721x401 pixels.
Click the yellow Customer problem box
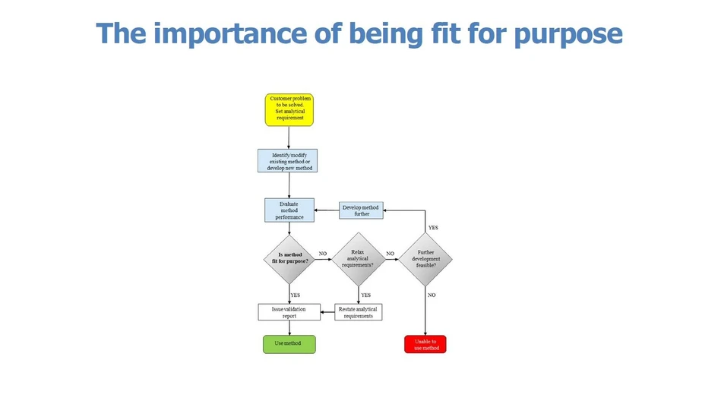pyautogui.click(x=289, y=109)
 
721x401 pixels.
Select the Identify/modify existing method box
pyautogui.click(x=288, y=160)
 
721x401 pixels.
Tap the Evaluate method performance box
pyautogui.click(x=289, y=210)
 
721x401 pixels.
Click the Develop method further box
pyautogui.click(x=361, y=210)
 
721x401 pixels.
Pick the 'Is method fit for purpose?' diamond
pyautogui.click(x=289, y=258)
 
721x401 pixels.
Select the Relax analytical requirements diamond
pyautogui.click(x=358, y=258)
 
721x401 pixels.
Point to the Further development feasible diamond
pyautogui.click(x=425, y=259)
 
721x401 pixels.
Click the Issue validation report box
pyautogui.click(x=289, y=312)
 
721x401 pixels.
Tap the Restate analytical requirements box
pyautogui.click(x=358, y=312)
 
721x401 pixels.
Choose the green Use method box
pyautogui.click(x=289, y=344)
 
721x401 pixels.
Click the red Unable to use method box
pyautogui.click(x=425, y=344)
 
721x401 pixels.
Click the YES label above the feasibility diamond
pyautogui.click(x=433, y=228)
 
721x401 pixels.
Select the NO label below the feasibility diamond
pyautogui.click(x=432, y=295)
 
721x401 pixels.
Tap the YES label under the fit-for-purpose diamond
pyautogui.click(x=296, y=295)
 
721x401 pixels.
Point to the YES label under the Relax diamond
pyautogui.click(x=365, y=295)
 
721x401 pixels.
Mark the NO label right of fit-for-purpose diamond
pyautogui.click(x=323, y=254)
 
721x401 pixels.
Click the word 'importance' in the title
pyautogui.click(x=229, y=34)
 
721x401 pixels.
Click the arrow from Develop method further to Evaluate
pyautogui.click(x=327, y=210)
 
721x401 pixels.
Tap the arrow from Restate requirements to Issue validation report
pyautogui.click(x=327, y=312)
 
